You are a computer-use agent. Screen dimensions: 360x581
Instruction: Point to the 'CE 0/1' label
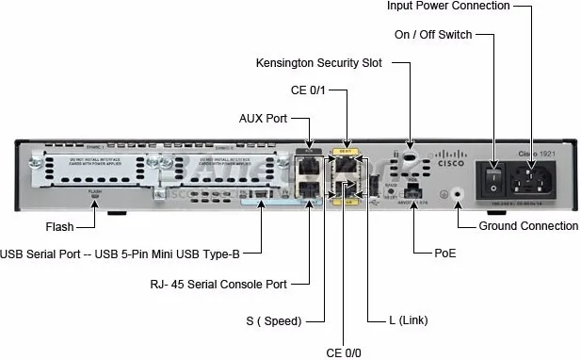point(322,90)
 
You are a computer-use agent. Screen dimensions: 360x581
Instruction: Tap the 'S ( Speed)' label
point(274,321)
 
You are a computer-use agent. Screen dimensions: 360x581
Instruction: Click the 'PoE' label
point(445,254)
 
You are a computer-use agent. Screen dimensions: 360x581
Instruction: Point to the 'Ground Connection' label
point(528,226)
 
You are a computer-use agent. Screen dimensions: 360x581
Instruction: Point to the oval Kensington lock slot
point(411,156)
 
